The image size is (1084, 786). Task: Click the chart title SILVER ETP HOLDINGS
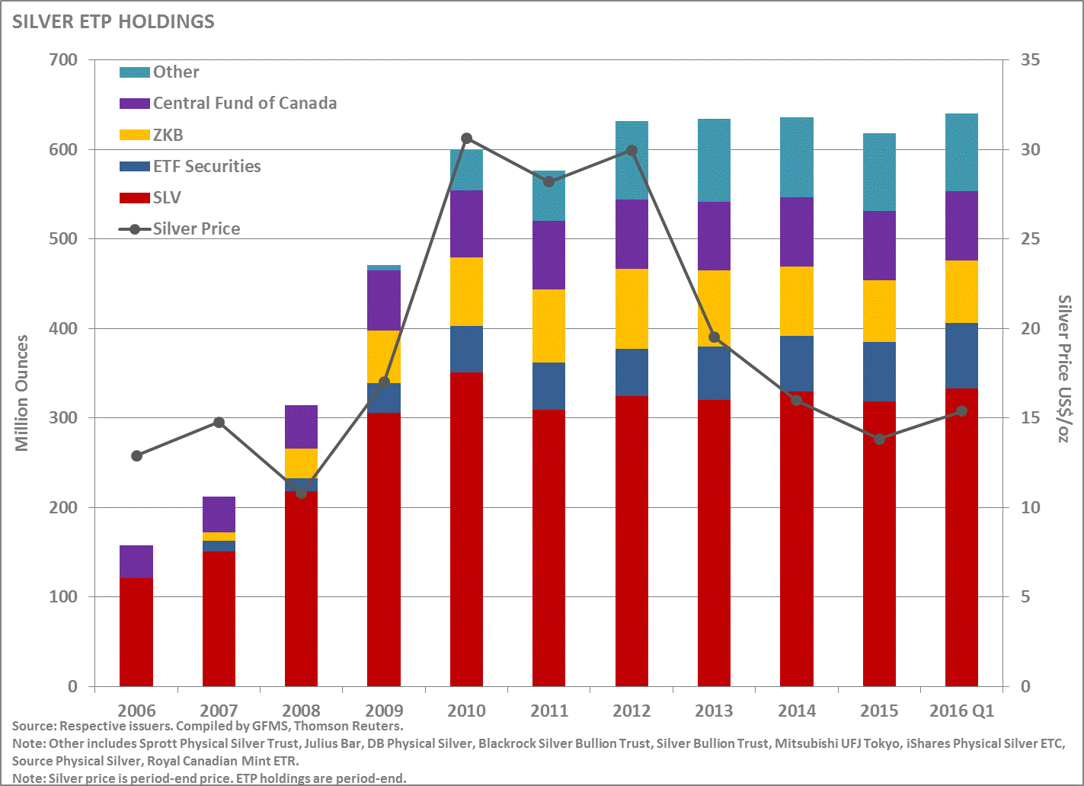click(113, 21)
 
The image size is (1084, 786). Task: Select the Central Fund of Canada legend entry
click(245, 104)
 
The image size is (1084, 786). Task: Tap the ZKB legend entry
click(168, 135)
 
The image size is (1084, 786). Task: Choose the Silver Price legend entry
click(196, 228)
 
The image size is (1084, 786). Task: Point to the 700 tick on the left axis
click(62, 60)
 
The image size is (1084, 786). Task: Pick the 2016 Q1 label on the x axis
click(961, 711)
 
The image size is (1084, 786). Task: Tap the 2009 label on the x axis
click(384, 711)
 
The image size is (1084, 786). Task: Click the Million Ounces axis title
click(22, 393)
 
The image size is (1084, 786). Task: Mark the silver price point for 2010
click(467, 139)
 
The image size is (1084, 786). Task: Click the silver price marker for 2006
click(136, 455)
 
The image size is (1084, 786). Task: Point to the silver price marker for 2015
click(879, 439)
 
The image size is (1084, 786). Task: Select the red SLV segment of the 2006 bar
click(136, 632)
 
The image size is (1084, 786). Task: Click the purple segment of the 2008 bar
click(301, 427)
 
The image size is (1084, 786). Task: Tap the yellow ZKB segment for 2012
click(632, 308)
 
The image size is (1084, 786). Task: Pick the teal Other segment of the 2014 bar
click(797, 157)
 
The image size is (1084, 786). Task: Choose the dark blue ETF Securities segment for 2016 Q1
click(961, 356)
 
